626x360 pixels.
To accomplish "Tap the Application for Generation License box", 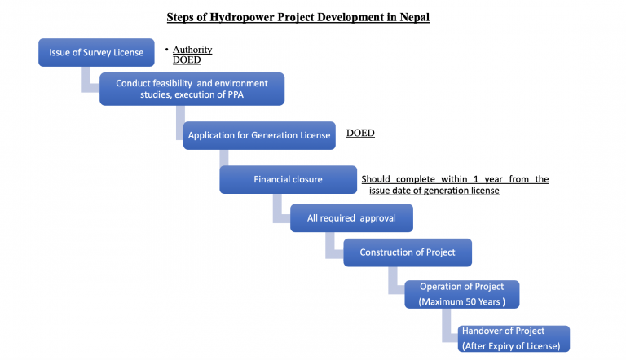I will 259,135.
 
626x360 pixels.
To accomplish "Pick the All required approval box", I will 352,218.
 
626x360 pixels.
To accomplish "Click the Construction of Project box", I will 408,252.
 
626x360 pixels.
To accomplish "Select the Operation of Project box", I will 461,294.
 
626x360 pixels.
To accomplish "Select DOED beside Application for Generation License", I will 360,133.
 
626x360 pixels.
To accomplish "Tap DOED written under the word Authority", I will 187,60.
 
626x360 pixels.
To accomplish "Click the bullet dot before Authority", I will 166,50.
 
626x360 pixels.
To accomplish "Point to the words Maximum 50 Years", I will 462,302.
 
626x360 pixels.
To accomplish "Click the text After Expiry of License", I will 511,346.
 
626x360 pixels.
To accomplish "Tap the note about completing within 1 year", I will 455,185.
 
